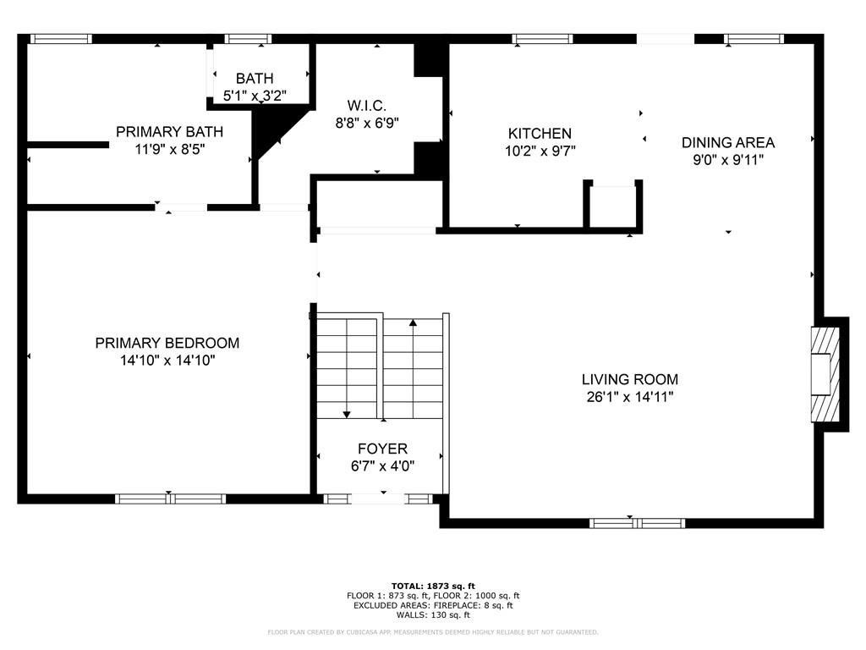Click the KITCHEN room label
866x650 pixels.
tap(540, 134)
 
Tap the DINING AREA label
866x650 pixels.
tap(728, 142)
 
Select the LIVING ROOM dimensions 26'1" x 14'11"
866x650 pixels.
tap(629, 396)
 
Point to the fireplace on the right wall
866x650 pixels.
tap(825, 374)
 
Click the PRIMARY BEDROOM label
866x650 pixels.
tap(167, 343)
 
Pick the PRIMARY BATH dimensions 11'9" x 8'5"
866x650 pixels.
tap(169, 149)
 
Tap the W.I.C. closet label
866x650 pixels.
tap(367, 106)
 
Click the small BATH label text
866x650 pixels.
tap(255, 79)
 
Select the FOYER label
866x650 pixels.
tap(382, 449)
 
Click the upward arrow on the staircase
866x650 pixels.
tap(413, 323)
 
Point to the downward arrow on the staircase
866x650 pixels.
tap(347, 413)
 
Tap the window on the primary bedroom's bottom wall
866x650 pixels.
tap(170, 499)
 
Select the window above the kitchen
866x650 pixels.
tap(542, 38)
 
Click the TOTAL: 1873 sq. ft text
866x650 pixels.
tap(433, 586)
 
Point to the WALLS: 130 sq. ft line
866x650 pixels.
tap(433, 615)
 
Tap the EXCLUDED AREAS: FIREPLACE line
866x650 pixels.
tap(433, 605)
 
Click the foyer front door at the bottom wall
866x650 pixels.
tap(377, 499)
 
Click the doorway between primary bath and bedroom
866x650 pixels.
tap(181, 207)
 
